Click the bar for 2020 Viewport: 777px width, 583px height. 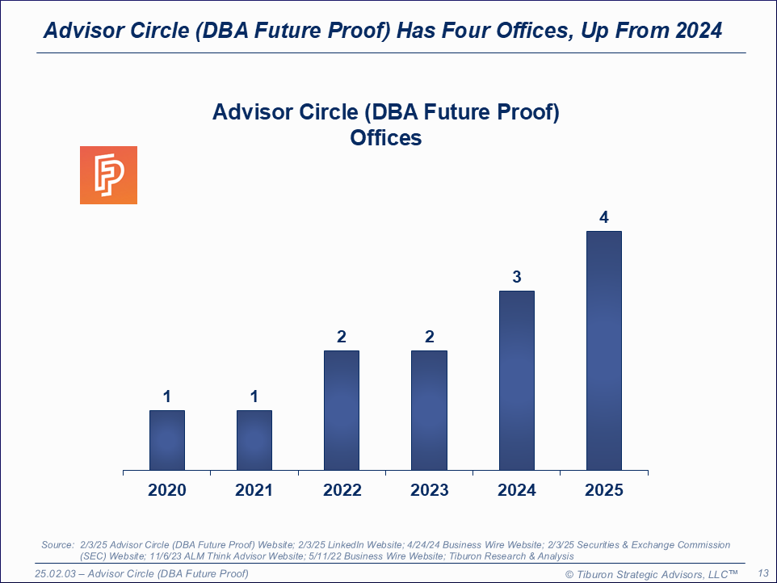[167, 440]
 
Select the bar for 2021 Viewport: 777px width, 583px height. [254, 440]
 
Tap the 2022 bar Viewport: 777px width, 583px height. [342, 410]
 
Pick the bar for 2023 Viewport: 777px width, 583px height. [429, 410]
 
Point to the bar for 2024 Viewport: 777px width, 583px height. [517, 380]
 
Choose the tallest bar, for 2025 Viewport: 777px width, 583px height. [604, 350]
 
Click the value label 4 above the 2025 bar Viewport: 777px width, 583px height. [604, 217]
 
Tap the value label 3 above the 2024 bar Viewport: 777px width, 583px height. [517, 277]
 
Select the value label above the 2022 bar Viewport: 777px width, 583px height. [342, 337]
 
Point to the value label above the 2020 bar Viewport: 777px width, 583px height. [167, 396]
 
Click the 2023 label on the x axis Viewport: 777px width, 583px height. [429, 490]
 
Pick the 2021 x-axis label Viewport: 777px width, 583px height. [254, 490]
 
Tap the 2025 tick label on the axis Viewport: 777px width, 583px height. [604, 490]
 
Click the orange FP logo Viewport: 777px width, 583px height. [108, 175]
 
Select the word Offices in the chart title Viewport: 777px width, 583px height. [385, 138]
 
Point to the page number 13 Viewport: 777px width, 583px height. [762, 573]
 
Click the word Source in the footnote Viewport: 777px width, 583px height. [57, 545]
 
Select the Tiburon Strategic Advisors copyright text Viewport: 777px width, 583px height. [652, 573]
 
